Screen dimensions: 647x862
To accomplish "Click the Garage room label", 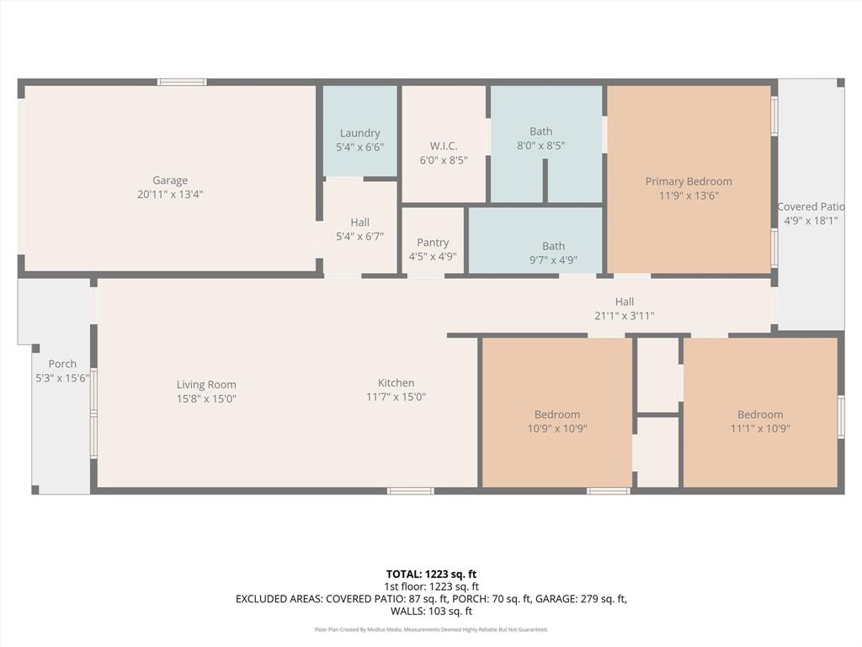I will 170,180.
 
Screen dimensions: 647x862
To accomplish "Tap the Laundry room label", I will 359,133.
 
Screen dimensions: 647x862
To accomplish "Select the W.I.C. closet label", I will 444,146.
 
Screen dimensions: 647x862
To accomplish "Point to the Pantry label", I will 433,243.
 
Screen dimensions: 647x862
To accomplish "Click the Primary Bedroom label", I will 689,181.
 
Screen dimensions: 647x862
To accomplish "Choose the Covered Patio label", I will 810,207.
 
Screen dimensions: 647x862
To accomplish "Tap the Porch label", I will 62,364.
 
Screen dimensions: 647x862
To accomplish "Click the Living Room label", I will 206,384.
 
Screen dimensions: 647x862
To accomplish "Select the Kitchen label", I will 396,382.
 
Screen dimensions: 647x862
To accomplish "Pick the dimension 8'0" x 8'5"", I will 541,145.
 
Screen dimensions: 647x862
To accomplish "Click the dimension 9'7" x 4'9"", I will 553,260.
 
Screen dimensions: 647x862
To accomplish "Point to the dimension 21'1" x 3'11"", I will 624,316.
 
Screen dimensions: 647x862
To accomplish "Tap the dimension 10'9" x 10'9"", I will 556,428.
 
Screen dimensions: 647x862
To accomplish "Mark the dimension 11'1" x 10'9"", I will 760,428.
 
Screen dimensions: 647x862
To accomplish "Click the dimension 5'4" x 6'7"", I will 359,237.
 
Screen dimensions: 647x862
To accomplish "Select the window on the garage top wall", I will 182,82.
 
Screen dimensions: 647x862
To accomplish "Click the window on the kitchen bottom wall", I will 411,490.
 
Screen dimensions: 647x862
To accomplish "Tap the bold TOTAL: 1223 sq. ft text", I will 431,574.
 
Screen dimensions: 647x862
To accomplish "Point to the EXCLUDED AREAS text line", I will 431,599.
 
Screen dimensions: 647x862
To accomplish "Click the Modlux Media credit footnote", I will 431,629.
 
